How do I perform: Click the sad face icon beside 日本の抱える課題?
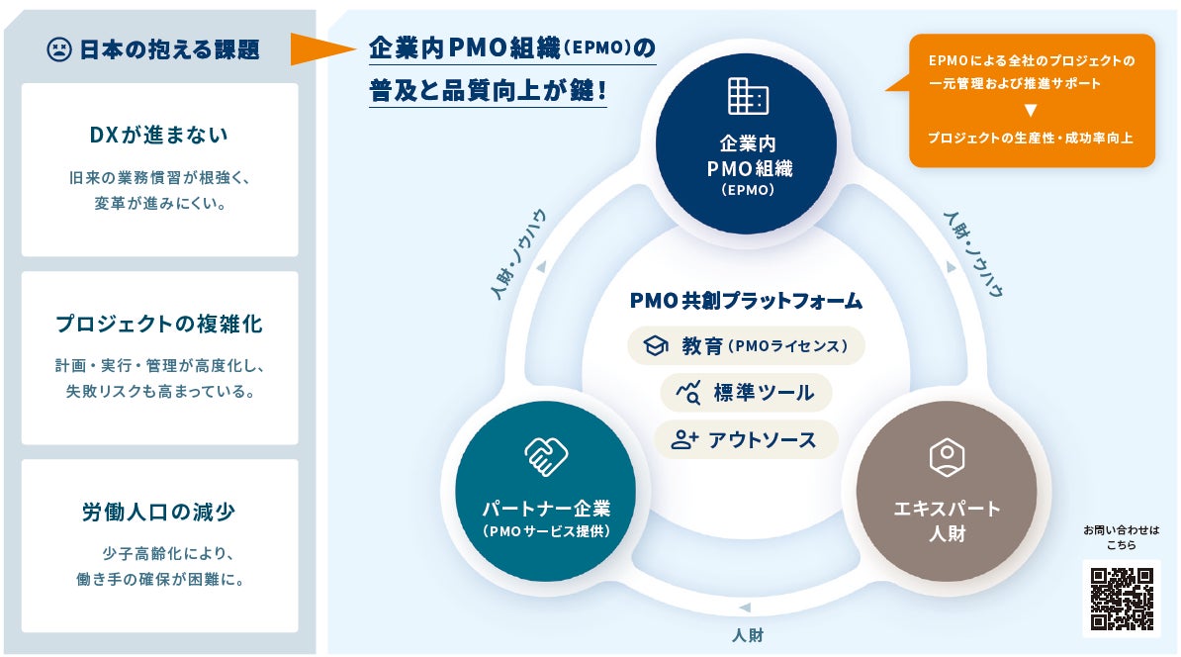pyautogui.click(x=58, y=49)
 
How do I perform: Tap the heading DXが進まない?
pyautogui.click(x=159, y=135)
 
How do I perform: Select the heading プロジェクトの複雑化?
pyautogui.click(x=159, y=324)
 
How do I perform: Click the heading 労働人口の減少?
pyautogui.click(x=159, y=513)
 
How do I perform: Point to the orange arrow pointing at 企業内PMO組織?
pyautogui.click(x=323, y=48)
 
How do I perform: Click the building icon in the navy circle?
pyautogui.click(x=748, y=96)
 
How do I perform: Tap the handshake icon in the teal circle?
pyautogui.click(x=546, y=456)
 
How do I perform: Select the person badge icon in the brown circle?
pyautogui.click(x=947, y=456)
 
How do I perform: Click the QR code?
pyautogui.click(x=1122, y=599)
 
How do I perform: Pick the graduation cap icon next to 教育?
pyautogui.click(x=655, y=346)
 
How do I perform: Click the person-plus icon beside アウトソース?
pyautogui.click(x=683, y=439)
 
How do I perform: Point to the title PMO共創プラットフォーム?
pyautogui.click(x=746, y=301)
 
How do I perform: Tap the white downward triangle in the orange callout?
pyautogui.click(x=1031, y=110)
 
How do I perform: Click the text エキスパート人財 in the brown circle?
pyautogui.click(x=947, y=520)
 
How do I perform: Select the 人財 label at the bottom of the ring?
pyautogui.click(x=748, y=635)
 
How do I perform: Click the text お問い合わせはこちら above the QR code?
pyautogui.click(x=1122, y=537)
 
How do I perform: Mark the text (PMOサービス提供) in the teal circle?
pyautogui.click(x=546, y=531)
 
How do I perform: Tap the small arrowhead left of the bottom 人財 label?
pyautogui.click(x=744, y=608)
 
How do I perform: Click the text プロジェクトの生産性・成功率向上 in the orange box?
pyautogui.click(x=1031, y=138)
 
